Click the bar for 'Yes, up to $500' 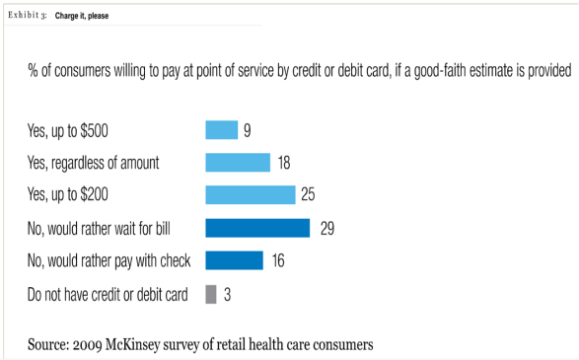pyautogui.click(x=221, y=130)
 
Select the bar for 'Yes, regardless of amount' pyautogui.click(x=238, y=163)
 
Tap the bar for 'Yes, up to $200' pyautogui.click(x=250, y=195)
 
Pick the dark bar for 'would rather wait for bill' pyautogui.click(x=257, y=228)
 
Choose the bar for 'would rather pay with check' pyautogui.click(x=234, y=260)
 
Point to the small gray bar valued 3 pyautogui.click(x=210, y=293)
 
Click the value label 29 pyautogui.click(x=329, y=228)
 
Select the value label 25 pyautogui.click(x=308, y=195)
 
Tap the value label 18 pyautogui.click(x=283, y=163)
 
